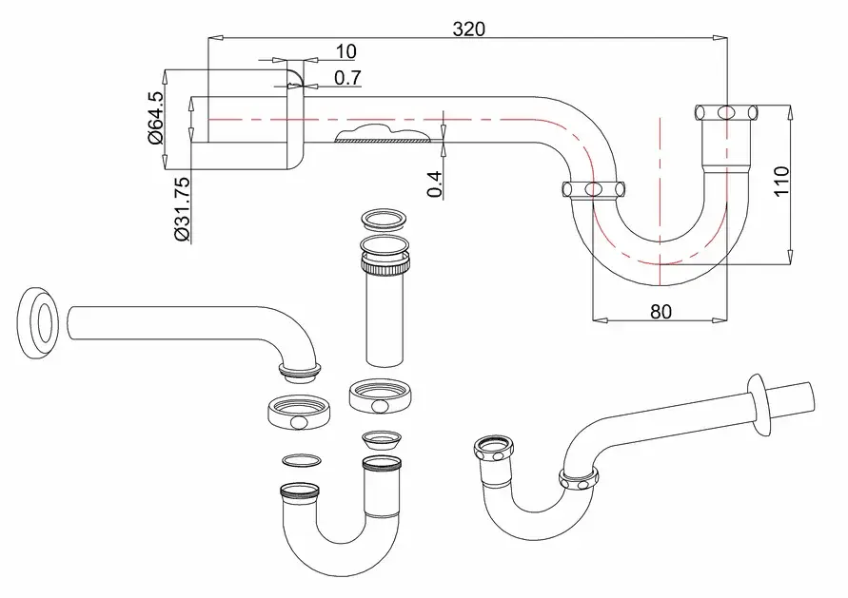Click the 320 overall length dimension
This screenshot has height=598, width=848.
tap(469, 29)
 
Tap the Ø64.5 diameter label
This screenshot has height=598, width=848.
tap(155, 118)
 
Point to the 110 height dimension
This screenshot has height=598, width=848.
tap(781, 182)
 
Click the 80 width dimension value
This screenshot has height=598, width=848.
tap(661, 312)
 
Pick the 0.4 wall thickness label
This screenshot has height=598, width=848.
tap(435, 184)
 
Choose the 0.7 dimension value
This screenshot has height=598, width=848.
tap(347, 78)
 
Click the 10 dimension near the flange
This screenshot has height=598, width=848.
tap(346, 52)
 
